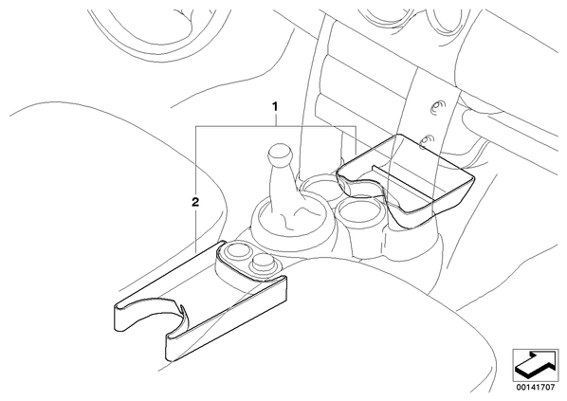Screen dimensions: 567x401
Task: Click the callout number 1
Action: coord(275,107)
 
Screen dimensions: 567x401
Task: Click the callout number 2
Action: coord(195,202)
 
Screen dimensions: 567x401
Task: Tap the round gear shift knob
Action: coord(280,155)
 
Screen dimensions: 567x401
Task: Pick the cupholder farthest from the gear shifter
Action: coord(358,210)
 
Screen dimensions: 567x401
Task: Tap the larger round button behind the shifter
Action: coord(236,250)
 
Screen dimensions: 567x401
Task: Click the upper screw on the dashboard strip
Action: coord(437,107)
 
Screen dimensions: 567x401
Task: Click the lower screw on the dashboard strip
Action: coord(428,140)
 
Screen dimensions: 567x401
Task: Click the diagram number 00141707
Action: coord(536,388)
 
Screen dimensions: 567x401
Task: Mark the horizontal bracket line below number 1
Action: coord(276,126)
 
